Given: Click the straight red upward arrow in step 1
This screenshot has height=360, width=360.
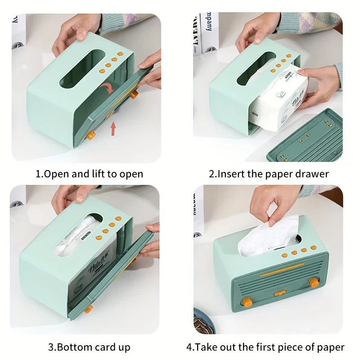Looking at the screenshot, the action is point(113,129).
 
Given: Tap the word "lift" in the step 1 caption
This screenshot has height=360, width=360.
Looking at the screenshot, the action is point(99,174).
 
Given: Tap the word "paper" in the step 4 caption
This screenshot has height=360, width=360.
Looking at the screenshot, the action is point(331,347).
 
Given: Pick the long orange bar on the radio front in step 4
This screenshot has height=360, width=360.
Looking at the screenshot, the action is point(282,269).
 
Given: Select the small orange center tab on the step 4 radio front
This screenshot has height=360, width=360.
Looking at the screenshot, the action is point(280,293).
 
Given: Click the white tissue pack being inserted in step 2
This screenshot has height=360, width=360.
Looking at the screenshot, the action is point(279,100).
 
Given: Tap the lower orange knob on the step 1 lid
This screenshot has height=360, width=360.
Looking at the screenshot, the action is point(90,135).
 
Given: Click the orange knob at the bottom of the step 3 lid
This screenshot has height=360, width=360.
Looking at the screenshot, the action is point(88,309).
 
